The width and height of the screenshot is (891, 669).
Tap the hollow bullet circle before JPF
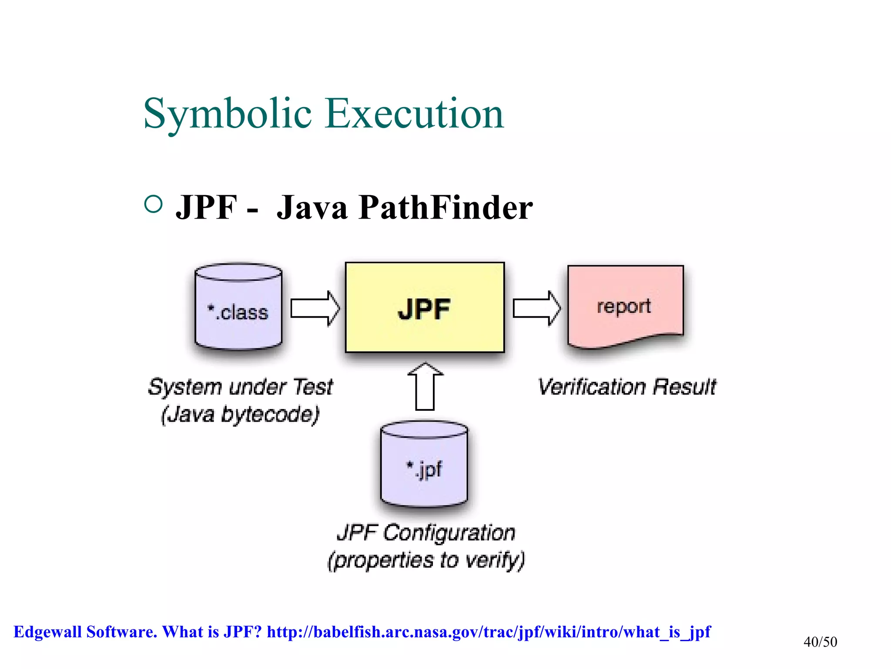[153, 204]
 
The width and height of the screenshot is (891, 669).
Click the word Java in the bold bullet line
[312, 207]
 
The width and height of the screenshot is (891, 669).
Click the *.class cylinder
[238, 307]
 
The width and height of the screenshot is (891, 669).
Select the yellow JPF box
[425, 307]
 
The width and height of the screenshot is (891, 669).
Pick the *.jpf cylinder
[424, 464]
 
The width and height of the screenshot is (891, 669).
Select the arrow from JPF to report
[537, 308]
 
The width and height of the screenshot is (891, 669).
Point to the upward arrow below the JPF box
[425, 386]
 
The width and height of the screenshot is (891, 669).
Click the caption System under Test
[241, 387]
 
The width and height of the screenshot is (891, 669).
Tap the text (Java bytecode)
[240, 414]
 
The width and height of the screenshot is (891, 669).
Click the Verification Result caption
[626, 387]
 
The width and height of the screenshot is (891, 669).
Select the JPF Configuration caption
[426, 533]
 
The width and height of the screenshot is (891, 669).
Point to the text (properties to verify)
[426, 560]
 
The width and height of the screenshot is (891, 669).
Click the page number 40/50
[820, 642]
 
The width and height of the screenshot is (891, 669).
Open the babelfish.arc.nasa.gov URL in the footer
[489, 632]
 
